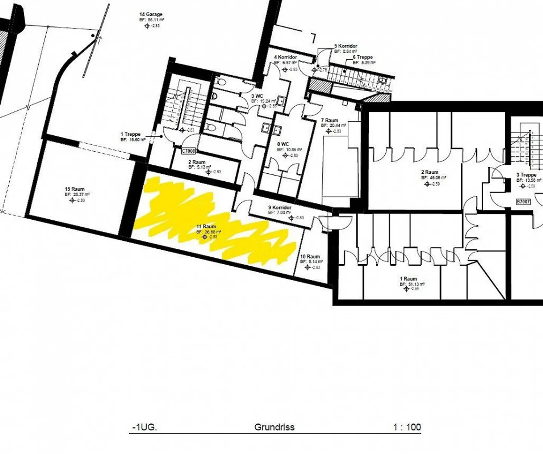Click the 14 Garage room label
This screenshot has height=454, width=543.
coord(151,15)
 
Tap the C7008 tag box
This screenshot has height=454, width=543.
coord(189,151)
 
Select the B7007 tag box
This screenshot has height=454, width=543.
coord(523,202)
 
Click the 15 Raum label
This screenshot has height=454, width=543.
coord(75,189)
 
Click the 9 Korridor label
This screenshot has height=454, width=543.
coord(280,208)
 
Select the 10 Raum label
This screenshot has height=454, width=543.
coord(310,257)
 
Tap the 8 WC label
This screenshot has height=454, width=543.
coord(283,144)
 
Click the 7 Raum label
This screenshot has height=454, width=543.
coord(330,121)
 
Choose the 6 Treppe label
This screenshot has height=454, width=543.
coord(363,57)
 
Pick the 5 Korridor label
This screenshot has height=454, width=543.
coord(346,46)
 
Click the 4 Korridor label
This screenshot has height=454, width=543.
coord(285,57)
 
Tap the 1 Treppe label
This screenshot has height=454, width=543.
coord(130,134)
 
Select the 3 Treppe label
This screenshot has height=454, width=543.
coord(526,175)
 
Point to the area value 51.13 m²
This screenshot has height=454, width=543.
coord(414,284)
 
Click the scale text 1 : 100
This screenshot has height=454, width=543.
coord(407,427)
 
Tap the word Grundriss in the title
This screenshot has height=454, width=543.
coord(274,427)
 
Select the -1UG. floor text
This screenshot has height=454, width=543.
coord(144,427)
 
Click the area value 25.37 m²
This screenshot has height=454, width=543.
coord(80,194)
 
